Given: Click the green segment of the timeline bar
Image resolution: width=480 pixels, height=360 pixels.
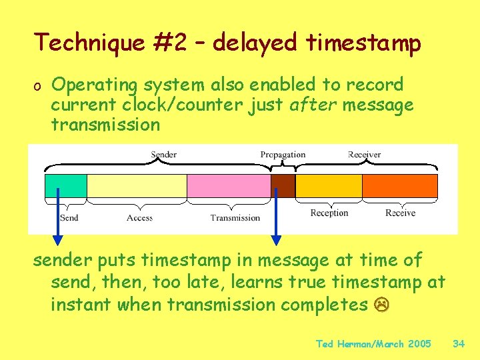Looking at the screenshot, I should pos(66,185).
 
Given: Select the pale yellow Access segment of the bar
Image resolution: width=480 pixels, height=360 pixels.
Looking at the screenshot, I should pos(137,185).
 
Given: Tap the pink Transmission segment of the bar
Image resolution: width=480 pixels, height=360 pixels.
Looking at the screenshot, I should pos(228,185).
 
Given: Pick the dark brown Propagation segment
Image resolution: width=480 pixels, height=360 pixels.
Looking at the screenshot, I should pos(283,185).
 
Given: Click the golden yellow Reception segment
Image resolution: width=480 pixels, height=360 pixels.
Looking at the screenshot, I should pos(328,185).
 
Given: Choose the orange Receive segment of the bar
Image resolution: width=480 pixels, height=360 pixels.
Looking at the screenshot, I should pos(399,185).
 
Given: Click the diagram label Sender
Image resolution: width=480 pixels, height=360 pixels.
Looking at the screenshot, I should pos(163,155).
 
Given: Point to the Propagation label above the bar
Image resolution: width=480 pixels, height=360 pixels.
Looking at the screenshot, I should pos(283,155).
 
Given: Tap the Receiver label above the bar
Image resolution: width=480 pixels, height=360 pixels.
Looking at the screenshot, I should pos(364,155).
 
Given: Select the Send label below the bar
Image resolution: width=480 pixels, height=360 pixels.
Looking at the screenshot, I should pos(69,217).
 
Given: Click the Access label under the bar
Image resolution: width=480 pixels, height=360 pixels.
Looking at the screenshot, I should pos(139,217).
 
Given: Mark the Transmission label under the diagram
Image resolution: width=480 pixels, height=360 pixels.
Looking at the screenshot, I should pos(235,217).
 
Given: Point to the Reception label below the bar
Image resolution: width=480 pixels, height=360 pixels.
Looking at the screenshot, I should pos(329,213).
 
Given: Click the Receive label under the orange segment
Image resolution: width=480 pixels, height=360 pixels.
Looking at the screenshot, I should pos(400,213).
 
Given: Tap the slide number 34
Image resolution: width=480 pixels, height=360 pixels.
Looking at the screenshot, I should pos(459,344).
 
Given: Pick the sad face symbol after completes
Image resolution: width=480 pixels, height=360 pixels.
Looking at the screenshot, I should pos(382,305).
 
